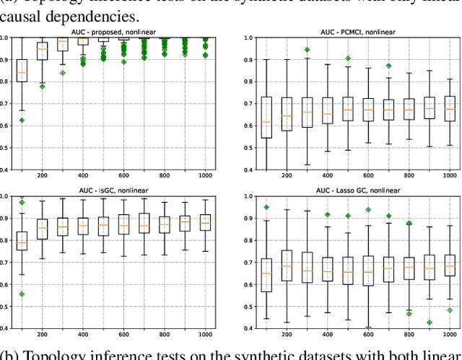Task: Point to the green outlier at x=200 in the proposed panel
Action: (x=42, y=86)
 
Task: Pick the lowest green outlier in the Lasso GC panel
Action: (x=430, y=322)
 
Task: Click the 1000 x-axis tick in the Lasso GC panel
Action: (x=450, y=334)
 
